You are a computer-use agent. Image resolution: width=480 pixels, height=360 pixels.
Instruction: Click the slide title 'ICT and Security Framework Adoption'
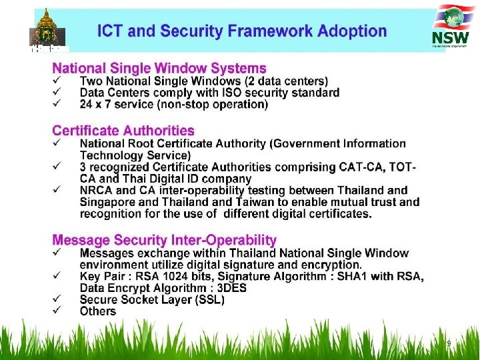click(x=241, y=31)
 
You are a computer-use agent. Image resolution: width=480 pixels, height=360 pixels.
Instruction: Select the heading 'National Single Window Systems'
click(x=159, y=68)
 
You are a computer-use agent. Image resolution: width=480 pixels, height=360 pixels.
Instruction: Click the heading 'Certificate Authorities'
click(x=123, y=131)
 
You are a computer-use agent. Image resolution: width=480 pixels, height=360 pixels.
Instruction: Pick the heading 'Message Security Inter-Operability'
click(x=164, y=240)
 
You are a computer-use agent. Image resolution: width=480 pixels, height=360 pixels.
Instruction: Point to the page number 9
click(x=449, y=343)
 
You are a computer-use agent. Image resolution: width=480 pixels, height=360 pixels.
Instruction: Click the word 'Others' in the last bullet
click(x=97, y=311)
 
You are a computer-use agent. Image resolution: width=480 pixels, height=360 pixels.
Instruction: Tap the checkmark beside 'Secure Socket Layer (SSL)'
click(x=57, y=300)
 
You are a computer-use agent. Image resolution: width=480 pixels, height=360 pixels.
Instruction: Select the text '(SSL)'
click(x=208, y=300)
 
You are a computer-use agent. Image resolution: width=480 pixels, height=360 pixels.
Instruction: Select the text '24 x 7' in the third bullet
click(x=97, y=105)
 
